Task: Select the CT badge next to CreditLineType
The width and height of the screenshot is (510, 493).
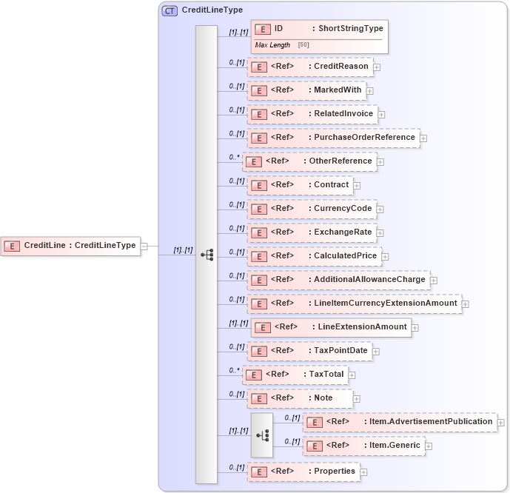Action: pyautogui.click(x=170, y=10)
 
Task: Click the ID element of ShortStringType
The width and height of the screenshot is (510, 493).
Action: pyautogui.click(x=319, y=29)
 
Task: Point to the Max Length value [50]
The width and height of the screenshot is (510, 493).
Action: pyautogui.click(x=303, y=45)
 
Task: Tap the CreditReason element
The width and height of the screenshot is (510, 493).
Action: pyautogui.click(x=310, y=67)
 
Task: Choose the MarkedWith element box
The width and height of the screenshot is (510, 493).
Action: pyautogui.click(x=310, y=90)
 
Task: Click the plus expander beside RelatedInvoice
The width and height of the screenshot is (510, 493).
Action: pyautogui.click(x=382, y=115)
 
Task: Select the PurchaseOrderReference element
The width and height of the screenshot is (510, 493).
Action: pyautogui.click(x=332, y=138)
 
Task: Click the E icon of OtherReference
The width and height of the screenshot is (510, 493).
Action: pyautogui.click(x=253, y=162)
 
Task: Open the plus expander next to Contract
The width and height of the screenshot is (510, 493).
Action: pyautogui.click(x=357, y=186)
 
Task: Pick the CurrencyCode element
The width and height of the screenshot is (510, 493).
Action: pyautogui.click(x=312, y=209)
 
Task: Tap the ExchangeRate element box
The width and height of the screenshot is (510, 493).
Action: pyautogui.click(x=312, y=232)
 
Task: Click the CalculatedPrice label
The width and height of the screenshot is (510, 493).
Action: pyautogui.click(x=345, y=256)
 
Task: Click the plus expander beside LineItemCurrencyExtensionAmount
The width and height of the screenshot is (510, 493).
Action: pyautogui.click(x=465, y=304)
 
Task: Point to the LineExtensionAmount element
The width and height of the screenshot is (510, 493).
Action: pyautogui.click(x=331, y=327)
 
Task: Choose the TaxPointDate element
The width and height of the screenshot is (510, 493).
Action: pyautogui.click(x=310, y=351)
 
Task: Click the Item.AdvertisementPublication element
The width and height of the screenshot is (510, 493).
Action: pyautogui.click(x=400, y=422)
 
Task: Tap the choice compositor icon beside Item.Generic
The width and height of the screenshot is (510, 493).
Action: pyautogui.click(x=261, y=435)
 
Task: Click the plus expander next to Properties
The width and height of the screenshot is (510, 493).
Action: pyautogui.click(x=363, y=472)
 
